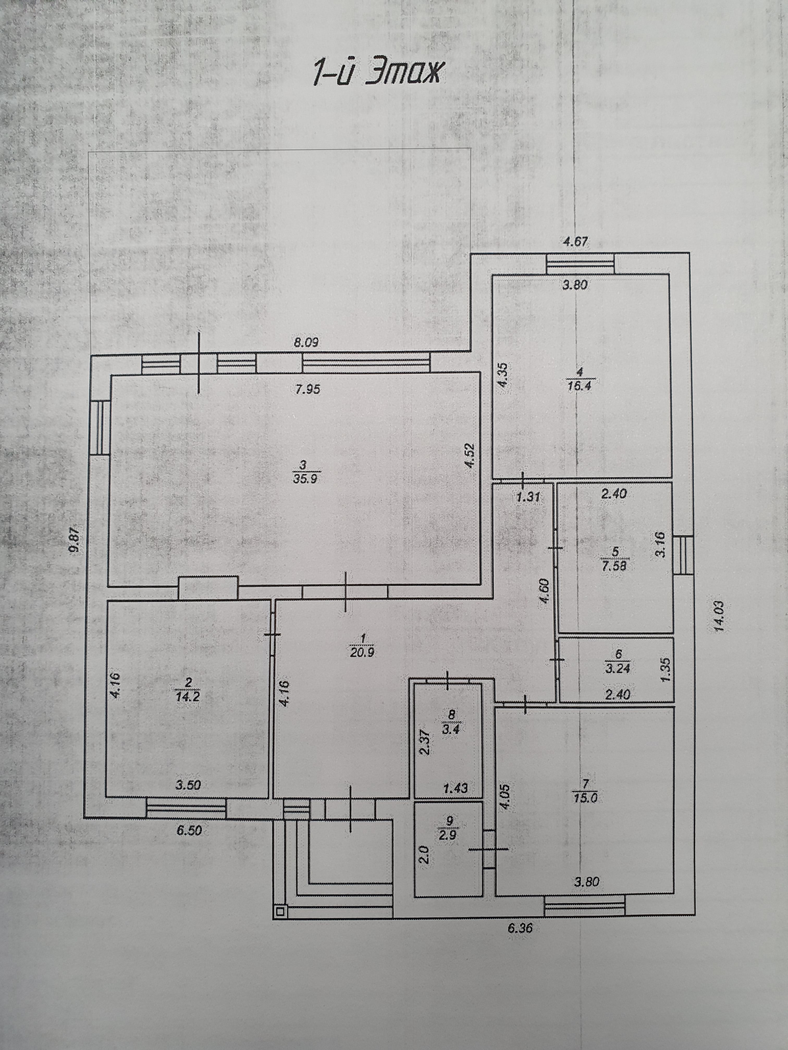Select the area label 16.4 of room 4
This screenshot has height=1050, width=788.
588,385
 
